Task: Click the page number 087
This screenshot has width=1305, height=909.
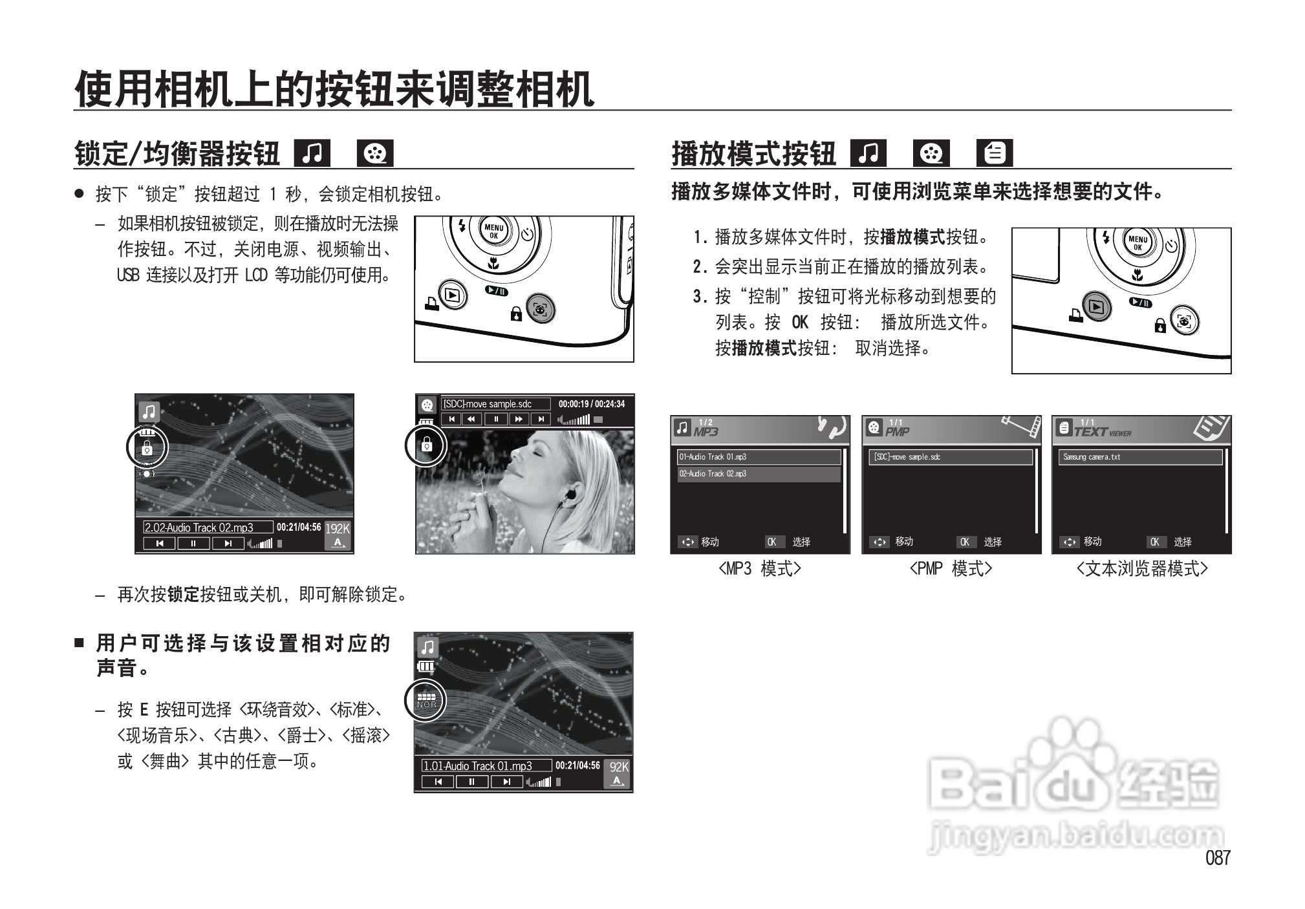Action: tap(1218, 858)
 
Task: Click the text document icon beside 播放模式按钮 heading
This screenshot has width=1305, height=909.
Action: tap(995, 154)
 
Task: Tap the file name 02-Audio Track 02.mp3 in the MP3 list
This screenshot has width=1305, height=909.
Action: tap(713, 474)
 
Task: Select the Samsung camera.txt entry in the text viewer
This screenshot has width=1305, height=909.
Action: tap(1092, 457)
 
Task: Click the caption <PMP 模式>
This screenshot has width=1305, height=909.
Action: tap(951, 569)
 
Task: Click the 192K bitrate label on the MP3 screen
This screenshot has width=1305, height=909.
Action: tap(337, 528)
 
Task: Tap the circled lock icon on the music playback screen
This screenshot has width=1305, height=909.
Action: tap(147, 447)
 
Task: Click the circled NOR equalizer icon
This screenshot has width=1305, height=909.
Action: tap(426, 700)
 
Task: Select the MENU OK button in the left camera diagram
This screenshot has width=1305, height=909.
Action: tap(494, 231)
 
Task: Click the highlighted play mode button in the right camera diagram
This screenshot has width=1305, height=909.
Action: tap(1096, 307)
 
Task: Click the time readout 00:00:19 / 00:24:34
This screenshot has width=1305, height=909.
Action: tap(592, 404)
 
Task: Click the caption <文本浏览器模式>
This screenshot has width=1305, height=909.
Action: tap(1142, 569)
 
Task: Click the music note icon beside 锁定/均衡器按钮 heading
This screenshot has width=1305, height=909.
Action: tap(312, 154)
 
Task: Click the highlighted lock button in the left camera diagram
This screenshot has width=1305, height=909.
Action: tap(540, 310)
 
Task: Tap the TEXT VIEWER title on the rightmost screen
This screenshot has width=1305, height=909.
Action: tap(1102, 432)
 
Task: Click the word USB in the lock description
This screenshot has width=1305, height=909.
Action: tap(127, 275)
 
